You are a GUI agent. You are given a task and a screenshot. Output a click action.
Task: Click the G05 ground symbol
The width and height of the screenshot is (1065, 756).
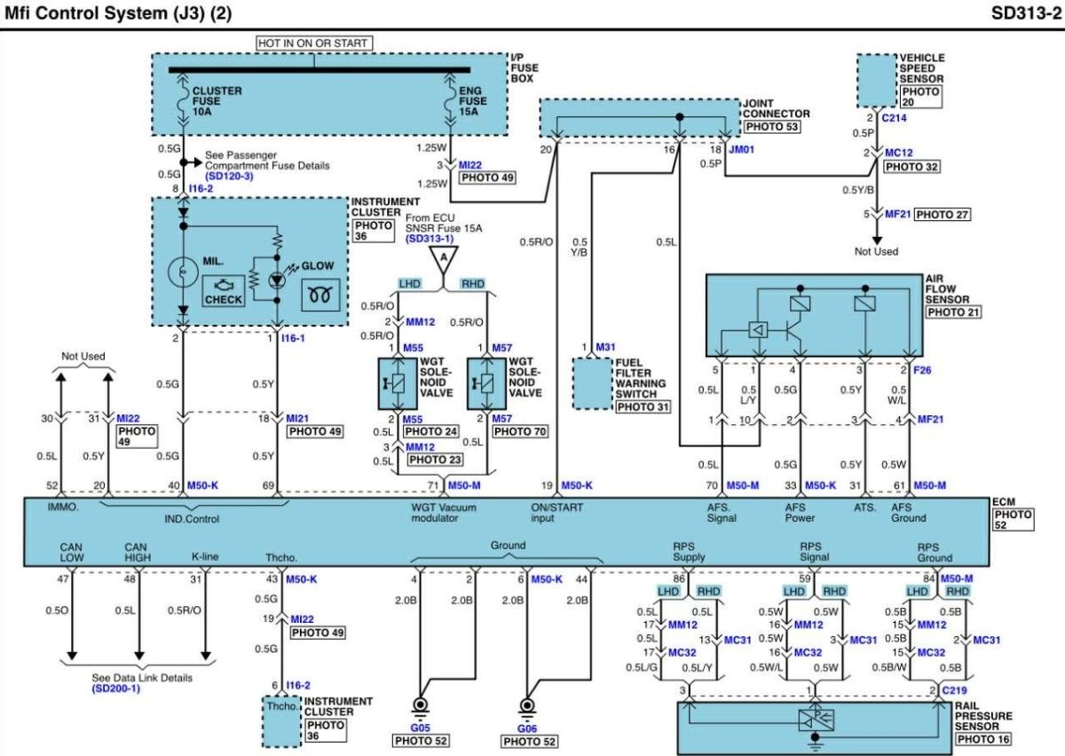click(x=421, y=707)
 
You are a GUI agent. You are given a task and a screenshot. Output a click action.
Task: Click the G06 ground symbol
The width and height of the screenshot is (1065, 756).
click(x=527, y=707)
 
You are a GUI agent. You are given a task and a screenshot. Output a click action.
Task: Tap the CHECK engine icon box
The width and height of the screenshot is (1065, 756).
click(x=224, y=291)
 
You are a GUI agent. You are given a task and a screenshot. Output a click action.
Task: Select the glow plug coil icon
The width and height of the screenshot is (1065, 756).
click(x=321, y=295)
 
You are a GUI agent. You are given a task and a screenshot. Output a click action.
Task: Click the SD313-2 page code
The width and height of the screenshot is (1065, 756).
click(x=1026, y=13)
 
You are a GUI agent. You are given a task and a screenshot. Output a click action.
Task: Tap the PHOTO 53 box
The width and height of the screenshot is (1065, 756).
click(x=771, y=127)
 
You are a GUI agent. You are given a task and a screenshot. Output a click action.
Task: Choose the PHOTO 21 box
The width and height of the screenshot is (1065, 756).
click(x=953, y=312)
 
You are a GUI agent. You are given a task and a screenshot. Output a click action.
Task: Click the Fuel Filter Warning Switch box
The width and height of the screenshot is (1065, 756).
click(x=593, y=383)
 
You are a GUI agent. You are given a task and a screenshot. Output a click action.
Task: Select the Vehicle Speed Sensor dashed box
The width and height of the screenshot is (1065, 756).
click(x=877, y=81)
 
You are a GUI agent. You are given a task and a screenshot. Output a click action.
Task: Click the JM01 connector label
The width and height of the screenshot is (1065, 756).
click(x=742, y=149)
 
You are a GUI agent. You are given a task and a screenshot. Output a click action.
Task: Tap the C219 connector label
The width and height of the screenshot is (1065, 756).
click(x=954, y=690)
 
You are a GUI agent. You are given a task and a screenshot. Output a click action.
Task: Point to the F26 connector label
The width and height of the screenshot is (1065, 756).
click(x=922, y=370)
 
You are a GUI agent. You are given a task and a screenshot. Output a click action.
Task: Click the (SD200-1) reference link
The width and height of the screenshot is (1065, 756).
click(x=116, y=689)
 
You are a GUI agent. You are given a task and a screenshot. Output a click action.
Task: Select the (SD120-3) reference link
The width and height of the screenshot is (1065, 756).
click(x=229, y=176)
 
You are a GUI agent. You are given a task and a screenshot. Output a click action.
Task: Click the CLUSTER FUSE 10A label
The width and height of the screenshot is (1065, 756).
click(x=217, y=101)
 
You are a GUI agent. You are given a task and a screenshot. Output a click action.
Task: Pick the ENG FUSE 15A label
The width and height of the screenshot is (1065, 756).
click(x=472, y=101)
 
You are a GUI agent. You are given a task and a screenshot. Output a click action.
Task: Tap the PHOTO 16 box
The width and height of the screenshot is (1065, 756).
click(x=982, y=739)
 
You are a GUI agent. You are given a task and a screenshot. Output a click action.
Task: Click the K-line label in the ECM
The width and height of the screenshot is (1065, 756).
click(x=205, y=556)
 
